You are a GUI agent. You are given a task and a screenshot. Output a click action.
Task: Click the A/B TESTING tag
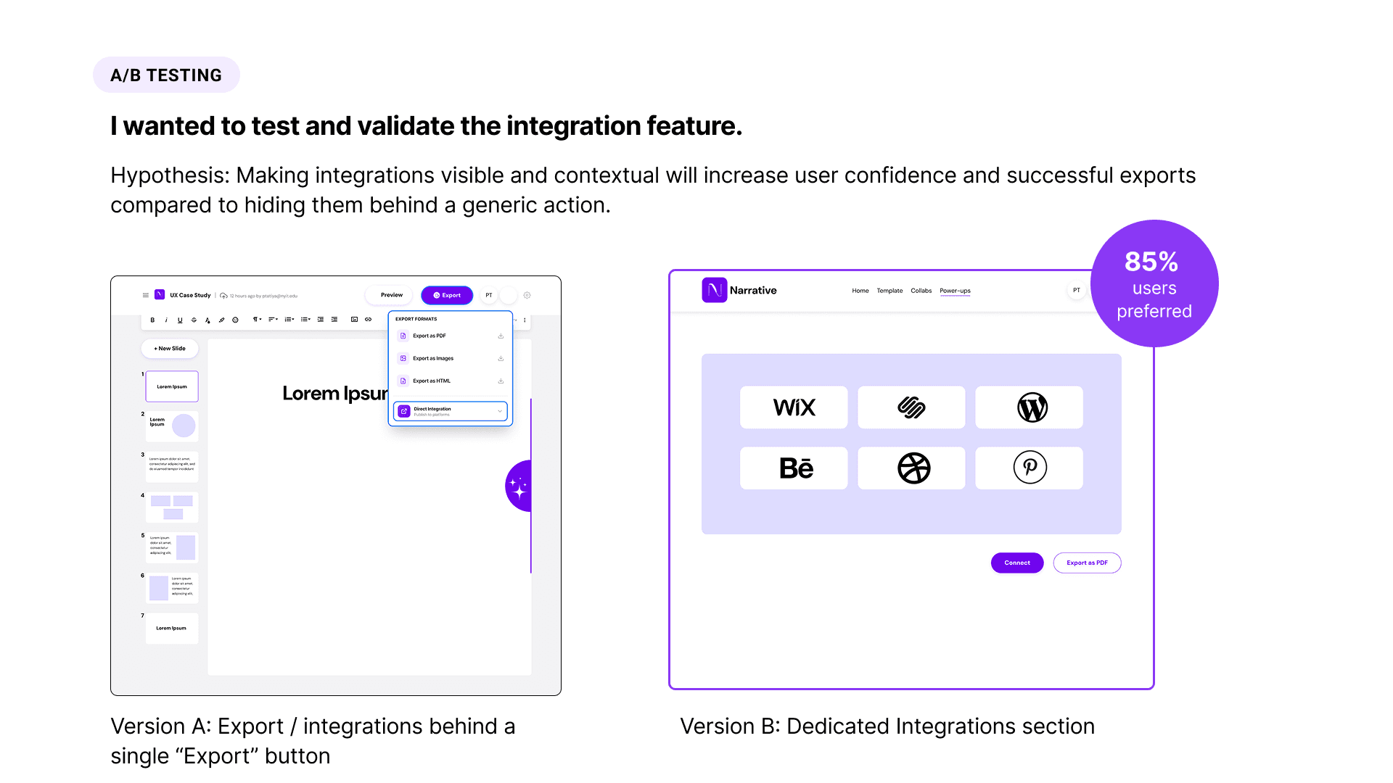[166, 75]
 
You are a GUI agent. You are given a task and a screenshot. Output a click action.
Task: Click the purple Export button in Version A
[447, 295]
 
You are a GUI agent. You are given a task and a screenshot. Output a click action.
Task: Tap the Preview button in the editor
[391, 295]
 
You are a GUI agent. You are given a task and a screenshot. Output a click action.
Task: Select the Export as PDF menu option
[430, 336]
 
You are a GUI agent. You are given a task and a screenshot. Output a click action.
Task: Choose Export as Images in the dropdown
[433, 358]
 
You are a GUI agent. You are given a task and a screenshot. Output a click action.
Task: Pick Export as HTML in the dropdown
[432, 381]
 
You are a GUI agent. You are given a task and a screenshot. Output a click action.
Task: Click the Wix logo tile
[794, 407]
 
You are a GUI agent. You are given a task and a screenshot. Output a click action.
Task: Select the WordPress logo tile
[1030, 407]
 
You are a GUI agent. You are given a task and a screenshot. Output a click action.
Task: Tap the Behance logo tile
[794, 468]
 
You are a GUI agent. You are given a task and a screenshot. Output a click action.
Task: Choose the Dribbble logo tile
[912, 468]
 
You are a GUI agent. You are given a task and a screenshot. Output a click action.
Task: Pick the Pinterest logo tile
[1030, 468]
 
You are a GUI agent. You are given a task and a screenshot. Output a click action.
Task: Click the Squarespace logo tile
[912, 407]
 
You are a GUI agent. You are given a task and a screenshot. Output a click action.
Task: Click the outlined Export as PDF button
[1087, 563]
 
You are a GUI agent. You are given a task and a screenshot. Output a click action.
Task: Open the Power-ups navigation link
[955, 291]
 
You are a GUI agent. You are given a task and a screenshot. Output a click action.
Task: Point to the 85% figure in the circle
[1151, 261]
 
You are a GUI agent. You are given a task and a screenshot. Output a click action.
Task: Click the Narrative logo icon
[715, 290]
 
